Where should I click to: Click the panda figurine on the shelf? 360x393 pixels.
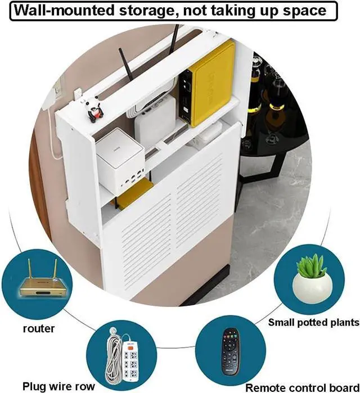[94, 110]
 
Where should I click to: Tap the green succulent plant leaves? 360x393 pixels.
[311, 266]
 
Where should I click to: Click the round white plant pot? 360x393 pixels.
[312, 288]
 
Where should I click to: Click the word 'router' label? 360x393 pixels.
[39, 328]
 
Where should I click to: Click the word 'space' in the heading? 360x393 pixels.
[305, 11]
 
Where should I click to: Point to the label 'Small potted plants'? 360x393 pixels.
[314, 322]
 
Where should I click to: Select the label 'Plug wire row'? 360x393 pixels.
[58, 386]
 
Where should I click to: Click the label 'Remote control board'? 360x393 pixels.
[302, 387]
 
